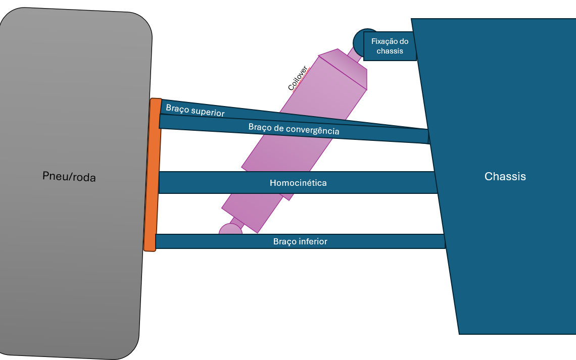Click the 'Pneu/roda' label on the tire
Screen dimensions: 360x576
click(69, 177)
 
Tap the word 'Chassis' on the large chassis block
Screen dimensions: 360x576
click(505, 176)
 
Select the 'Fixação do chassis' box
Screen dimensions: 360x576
click(390, 46)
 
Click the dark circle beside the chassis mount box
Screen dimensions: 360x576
click(360, 40)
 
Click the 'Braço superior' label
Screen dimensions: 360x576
click(195, 111)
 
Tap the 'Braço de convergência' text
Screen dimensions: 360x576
click(294, 129)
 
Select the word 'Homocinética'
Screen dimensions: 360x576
click(298, 183)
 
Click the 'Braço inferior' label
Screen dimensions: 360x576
click(300, 241)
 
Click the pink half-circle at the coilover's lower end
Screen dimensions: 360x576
click(230, 230)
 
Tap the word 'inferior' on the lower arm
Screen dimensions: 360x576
click(313, 241)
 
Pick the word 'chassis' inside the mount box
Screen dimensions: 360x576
click(390, 51)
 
